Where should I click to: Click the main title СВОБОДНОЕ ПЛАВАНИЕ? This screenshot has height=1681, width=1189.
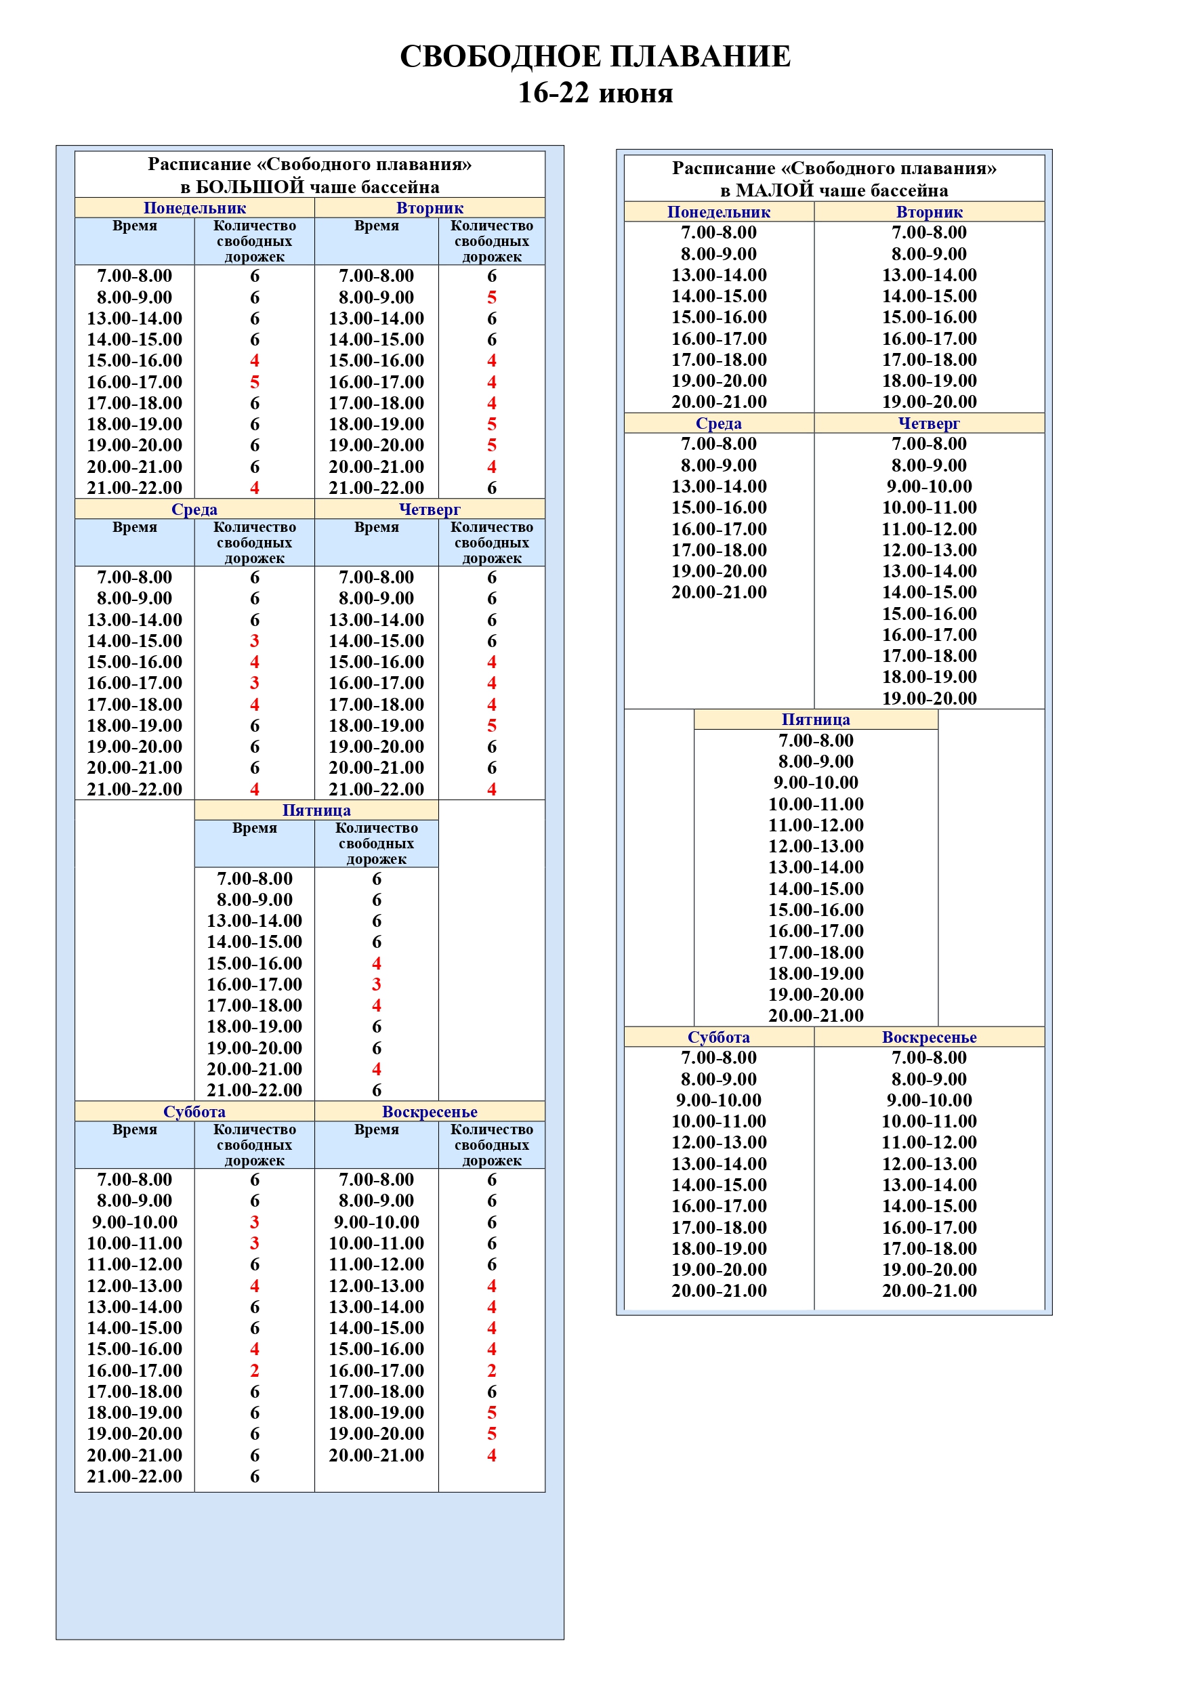pos(595,56)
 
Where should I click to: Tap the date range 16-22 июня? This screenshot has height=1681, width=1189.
pos(595,93)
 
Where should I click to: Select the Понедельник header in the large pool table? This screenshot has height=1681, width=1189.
pos(194,208)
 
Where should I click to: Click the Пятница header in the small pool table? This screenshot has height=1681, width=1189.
pos(816,720)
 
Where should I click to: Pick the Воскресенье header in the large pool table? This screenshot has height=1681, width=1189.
pos(430,1111)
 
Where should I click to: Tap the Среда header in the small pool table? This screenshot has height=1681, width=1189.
pos(718,423)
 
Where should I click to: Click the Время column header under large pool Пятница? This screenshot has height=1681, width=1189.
pos(254,828)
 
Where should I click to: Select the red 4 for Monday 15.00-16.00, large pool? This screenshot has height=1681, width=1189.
pos(255,360)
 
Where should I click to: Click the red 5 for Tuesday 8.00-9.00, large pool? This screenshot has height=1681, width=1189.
pos(492,297)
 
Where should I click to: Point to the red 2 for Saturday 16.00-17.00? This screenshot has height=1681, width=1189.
pos(255,1371)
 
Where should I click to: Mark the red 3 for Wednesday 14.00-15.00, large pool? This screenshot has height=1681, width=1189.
pos(255,641)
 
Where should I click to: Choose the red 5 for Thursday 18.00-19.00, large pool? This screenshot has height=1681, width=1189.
pos(492,726)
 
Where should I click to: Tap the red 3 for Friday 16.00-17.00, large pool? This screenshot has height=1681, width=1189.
pos(376,984)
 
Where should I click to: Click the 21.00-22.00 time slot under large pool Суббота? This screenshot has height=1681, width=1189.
pos(135,1476)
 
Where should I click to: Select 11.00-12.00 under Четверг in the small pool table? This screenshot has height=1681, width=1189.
pos(929,528)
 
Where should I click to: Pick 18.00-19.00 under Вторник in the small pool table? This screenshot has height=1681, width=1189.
pos(929,381)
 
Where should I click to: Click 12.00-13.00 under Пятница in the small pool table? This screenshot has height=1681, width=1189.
pos(816,846)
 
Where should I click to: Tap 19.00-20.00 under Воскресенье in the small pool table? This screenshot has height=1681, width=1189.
pos(929,1270)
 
